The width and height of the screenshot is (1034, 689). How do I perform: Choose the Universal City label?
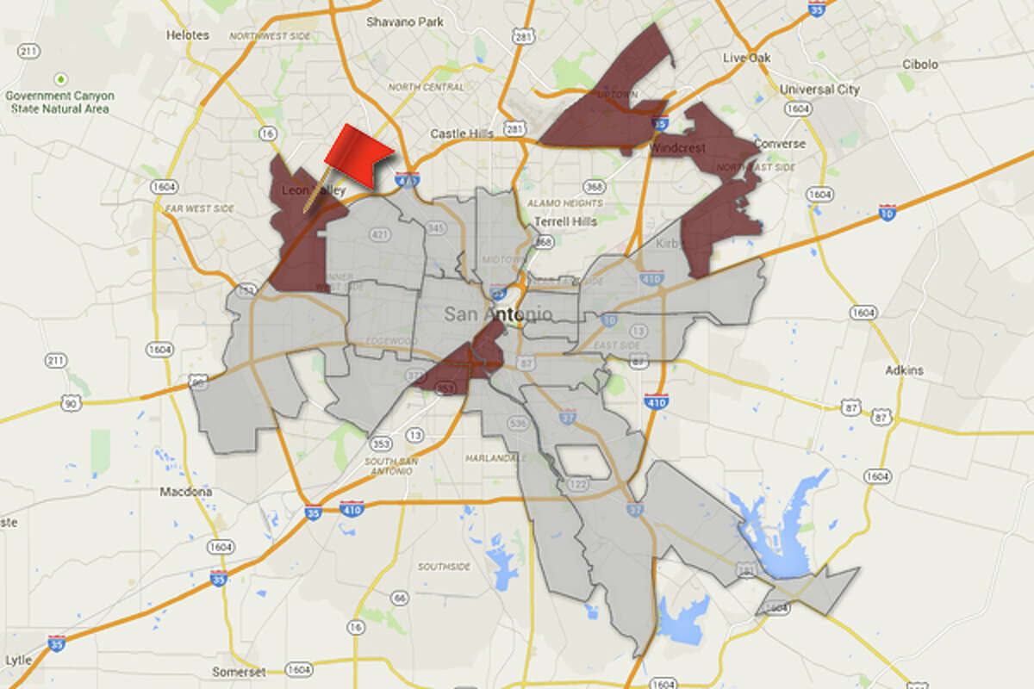tap(819, 90)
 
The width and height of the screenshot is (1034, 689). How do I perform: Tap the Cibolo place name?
tap(919, 65)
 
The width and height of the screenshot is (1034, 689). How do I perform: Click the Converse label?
tap(779, 144)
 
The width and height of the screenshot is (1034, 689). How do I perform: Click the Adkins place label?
tap(903, 370)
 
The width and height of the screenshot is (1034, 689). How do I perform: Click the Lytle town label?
tap(18, 661)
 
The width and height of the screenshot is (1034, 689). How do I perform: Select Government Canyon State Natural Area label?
tap(57, 102)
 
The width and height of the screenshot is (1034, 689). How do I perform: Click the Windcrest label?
tap(677, 148)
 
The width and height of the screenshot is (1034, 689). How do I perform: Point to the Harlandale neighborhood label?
tap(494, 457)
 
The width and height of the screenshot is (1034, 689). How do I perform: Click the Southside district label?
tap(444, 567)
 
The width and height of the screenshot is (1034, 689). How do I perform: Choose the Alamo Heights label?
tap(559, 203)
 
